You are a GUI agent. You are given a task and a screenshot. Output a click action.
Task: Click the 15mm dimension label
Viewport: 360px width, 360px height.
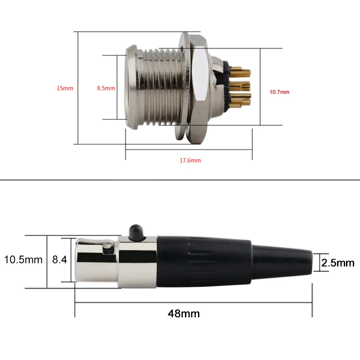pos(65,88)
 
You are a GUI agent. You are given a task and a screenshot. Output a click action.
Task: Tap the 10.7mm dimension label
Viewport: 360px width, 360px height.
pos(279,92)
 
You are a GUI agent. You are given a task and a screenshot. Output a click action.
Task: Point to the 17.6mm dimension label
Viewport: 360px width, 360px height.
pos(189,160)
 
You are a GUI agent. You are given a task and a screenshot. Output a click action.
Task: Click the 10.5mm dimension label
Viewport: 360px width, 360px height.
pos(23,260)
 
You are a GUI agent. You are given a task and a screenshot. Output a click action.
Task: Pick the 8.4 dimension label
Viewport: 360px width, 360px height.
pos(59,260)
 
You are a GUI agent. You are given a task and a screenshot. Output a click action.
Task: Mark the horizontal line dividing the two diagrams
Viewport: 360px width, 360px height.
pos(180,180)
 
